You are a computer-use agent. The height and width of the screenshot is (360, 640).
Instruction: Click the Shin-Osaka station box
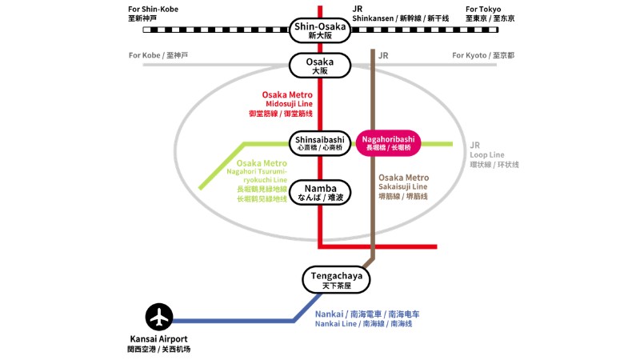320,30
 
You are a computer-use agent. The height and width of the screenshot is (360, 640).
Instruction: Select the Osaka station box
320,66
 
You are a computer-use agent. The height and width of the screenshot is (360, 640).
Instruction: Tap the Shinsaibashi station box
320,143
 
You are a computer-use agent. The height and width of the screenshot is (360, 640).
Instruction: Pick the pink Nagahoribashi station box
388,143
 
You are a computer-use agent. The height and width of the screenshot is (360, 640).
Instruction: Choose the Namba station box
320,192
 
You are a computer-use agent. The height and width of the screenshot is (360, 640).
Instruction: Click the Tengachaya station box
336,280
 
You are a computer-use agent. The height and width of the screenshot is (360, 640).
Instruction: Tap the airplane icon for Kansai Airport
159,317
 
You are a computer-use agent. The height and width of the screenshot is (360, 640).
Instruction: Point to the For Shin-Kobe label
153,14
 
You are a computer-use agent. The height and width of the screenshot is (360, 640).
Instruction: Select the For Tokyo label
490,14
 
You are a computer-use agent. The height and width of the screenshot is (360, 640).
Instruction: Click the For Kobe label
158,55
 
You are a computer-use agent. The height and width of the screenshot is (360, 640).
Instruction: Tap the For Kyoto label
483,55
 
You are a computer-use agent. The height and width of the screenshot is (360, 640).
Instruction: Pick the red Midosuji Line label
282,104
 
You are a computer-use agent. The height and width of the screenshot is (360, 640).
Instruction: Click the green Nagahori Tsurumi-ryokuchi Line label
257,181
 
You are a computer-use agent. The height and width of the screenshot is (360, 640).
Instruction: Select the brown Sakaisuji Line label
404,187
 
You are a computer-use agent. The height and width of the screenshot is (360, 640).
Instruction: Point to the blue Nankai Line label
367,318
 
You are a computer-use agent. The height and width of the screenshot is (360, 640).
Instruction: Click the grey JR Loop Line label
494,154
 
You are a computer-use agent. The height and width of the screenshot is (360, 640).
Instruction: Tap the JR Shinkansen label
401,14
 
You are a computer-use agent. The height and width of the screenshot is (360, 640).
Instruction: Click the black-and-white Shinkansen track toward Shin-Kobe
216,30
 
